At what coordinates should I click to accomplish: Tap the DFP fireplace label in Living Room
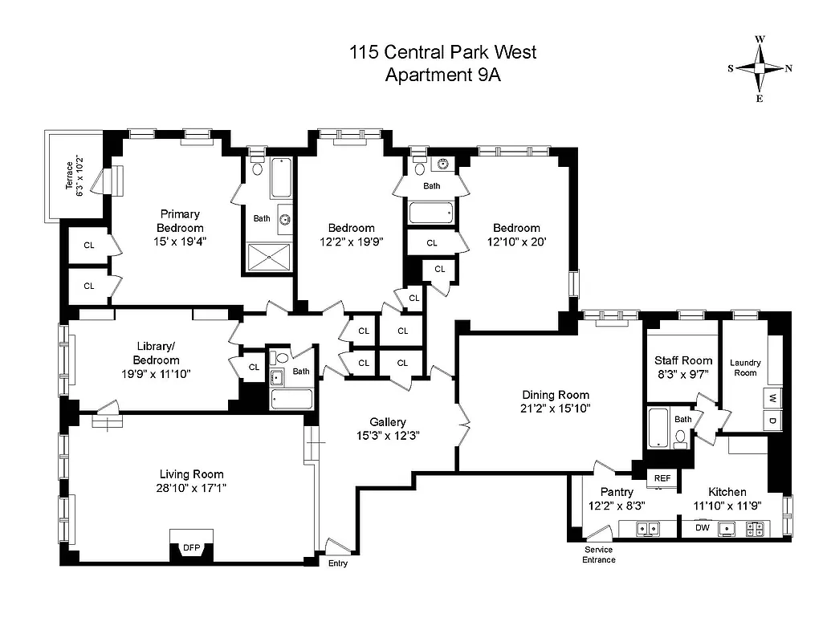click(x=191, y=548)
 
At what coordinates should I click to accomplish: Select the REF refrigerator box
click(x=662, y=478)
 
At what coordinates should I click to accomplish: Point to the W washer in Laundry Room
click(x=772, y=398)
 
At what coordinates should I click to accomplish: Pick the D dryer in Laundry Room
click(x=772, y=421)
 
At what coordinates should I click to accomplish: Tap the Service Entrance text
click(x=599, y=555)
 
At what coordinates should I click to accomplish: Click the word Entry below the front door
click(x=339, y=563)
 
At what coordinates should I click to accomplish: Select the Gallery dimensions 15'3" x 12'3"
click(x=388, y=435)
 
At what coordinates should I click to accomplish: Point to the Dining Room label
click(x=556, y=395)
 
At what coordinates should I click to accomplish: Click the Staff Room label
click(x=683, y=360)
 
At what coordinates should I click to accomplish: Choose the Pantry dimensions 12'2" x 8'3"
click(x=617, y=506)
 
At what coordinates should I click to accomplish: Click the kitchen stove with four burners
click(x=756, y=528)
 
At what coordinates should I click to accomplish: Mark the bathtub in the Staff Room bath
click(x=658, y=429)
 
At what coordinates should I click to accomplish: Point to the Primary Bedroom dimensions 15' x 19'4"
click(x=180, y=242)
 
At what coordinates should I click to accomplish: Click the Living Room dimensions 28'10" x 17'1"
click(x=191, y=488)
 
